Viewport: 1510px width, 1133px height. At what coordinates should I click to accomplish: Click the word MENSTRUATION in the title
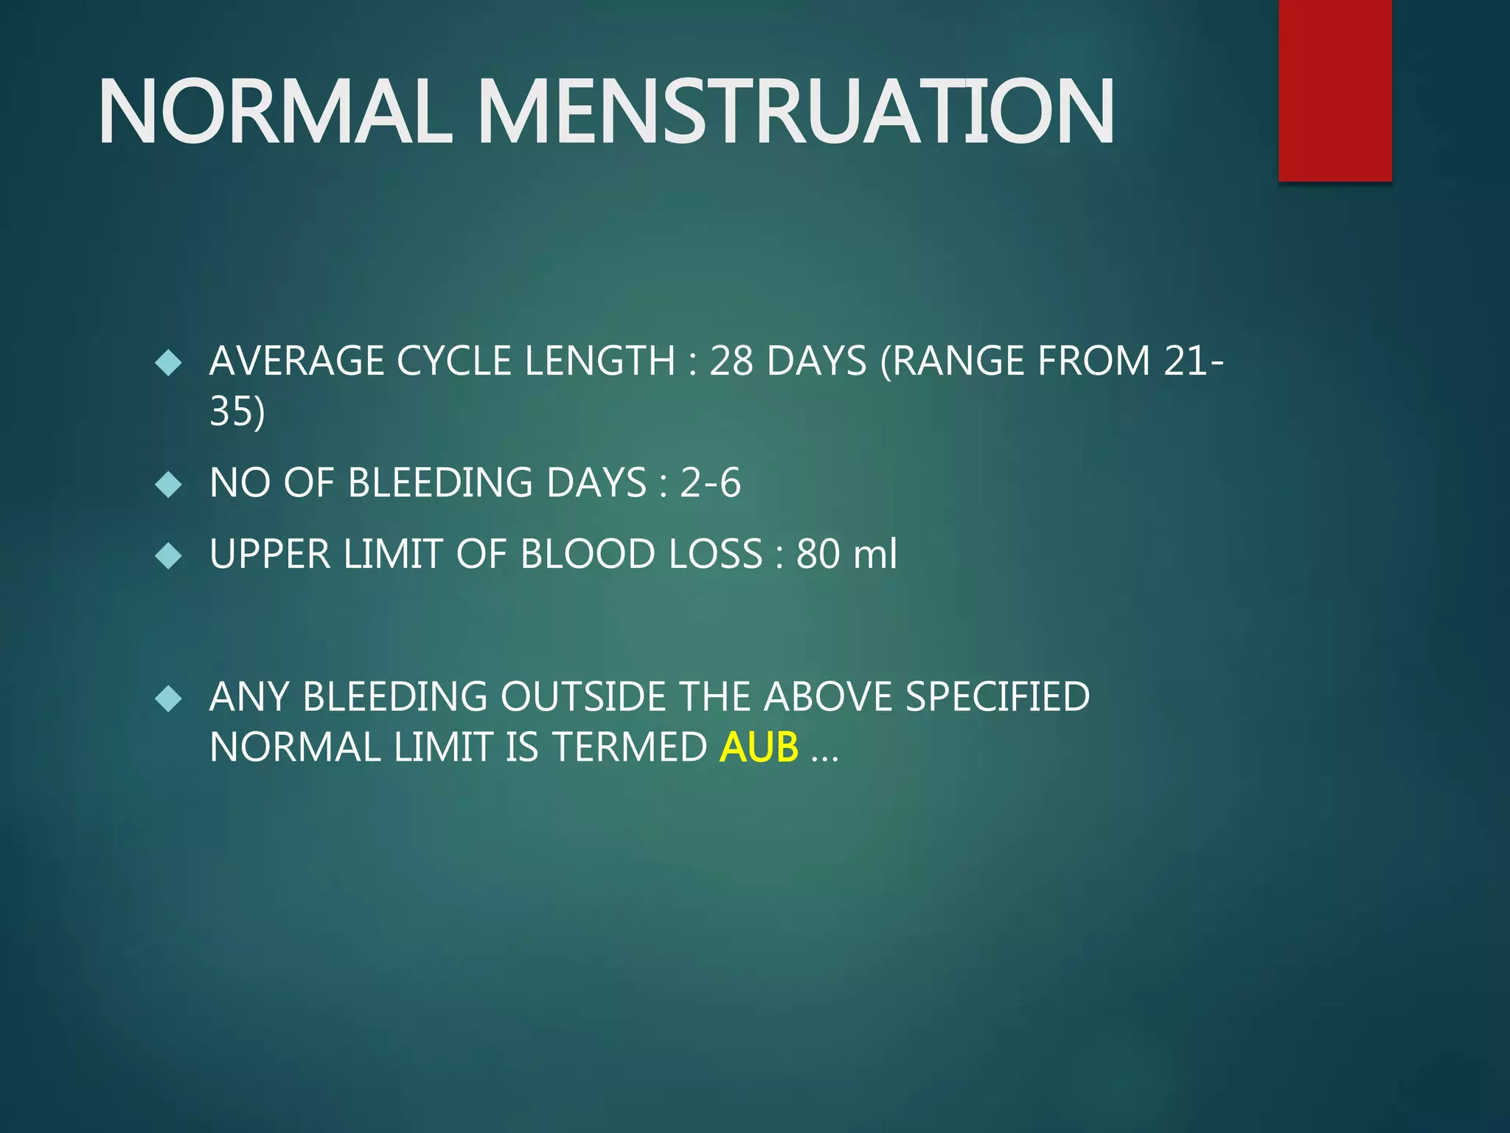click(x=796, y=112)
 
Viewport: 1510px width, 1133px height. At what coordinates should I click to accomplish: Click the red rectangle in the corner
click(x=1335, y=90)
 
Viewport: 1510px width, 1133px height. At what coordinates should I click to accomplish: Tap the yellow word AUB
click(x=759, y=747)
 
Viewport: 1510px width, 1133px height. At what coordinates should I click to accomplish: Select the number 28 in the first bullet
click(x=731, y=361)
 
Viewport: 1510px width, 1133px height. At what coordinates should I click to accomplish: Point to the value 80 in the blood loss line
click(x=818, y=554)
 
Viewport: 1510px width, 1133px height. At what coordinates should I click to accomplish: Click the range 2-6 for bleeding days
click(x=709, y=483)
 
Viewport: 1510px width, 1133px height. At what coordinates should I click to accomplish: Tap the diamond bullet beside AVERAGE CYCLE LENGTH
click(x=169, y=362)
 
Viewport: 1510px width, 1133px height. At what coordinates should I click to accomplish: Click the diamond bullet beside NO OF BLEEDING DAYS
click(x=169, y=485)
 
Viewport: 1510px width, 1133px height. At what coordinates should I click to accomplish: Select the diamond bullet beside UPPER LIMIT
click(x=169, y=555)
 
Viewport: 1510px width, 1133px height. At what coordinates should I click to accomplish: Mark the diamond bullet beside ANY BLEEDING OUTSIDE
click(x=169, y=698)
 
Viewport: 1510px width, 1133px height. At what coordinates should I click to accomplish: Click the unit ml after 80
click(x=874, y=554)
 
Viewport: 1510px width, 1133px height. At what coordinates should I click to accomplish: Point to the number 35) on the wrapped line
click(x=237, y=411)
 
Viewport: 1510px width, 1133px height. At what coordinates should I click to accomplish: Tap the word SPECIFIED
click(x=997, y=697)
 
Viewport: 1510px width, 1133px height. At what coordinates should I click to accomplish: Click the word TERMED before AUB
click(x=629, y=747)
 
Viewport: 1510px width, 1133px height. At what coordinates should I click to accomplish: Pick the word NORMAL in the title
click(x=274, y=112)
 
